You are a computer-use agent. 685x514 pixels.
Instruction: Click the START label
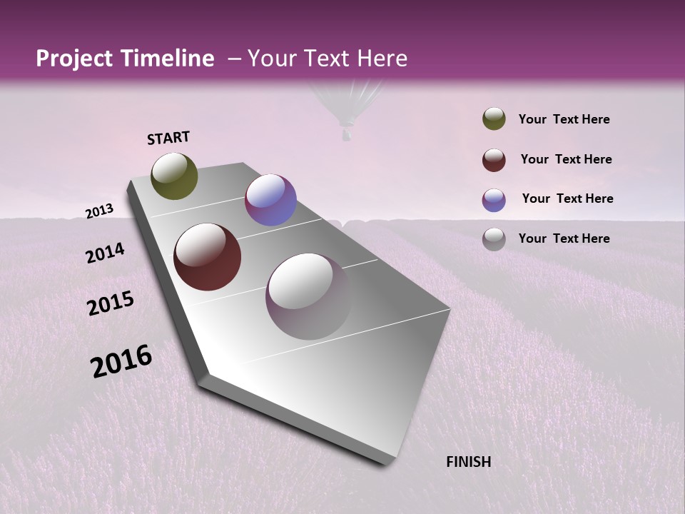(168, 138)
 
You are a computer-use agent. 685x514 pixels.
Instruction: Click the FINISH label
(469, 462)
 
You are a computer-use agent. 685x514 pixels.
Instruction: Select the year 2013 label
(100, 211)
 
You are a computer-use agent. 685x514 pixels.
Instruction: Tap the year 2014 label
(106, 253)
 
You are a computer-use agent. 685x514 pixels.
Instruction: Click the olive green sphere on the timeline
(175, 176)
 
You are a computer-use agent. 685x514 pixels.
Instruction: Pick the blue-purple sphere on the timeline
(270, 200)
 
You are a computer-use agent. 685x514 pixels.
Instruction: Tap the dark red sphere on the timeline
(208, 257)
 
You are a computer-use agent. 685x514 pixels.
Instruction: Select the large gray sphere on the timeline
(309, 296)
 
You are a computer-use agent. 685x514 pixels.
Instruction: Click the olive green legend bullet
(494, 119)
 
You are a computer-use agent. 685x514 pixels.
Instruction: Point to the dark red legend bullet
(494, 160)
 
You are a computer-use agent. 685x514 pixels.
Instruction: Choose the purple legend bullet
(494, 200)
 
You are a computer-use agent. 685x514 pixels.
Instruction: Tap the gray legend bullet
(494, 239)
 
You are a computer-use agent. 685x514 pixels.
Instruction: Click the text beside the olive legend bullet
(564, 120)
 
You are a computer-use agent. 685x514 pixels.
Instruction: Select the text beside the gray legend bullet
(564, 238)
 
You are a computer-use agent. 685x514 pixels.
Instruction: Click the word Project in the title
(74, 59)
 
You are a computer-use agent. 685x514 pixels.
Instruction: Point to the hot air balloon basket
(346, 134)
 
